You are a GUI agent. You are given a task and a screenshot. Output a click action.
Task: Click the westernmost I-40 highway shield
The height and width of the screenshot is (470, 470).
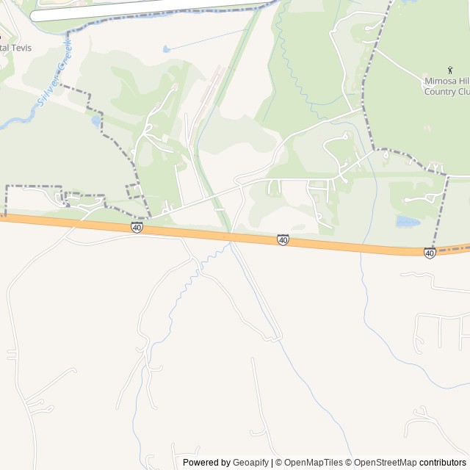click(137, 228)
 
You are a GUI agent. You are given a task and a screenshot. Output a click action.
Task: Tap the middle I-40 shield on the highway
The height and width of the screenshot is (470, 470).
click(283, 240)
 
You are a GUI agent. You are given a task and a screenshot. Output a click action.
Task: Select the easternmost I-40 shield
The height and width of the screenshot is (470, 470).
click(430, 253)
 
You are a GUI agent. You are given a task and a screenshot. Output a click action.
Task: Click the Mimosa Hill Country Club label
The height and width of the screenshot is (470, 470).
click(446, 87)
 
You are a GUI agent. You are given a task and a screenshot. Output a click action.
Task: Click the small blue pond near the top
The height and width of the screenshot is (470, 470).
click(167, 48)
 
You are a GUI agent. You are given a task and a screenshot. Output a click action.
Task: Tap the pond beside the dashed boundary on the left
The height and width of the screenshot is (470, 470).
click(96, 120)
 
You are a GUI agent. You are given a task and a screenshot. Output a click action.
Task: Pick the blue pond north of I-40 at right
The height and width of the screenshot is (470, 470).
click(407, 221)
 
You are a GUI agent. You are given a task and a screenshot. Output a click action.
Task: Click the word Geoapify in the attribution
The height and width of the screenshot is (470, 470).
click(250, 463)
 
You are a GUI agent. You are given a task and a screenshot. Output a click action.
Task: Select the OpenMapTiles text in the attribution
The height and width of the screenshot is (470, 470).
click(314, 463)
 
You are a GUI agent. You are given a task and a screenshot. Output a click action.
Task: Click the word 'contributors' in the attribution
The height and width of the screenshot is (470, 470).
click(443, 463)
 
